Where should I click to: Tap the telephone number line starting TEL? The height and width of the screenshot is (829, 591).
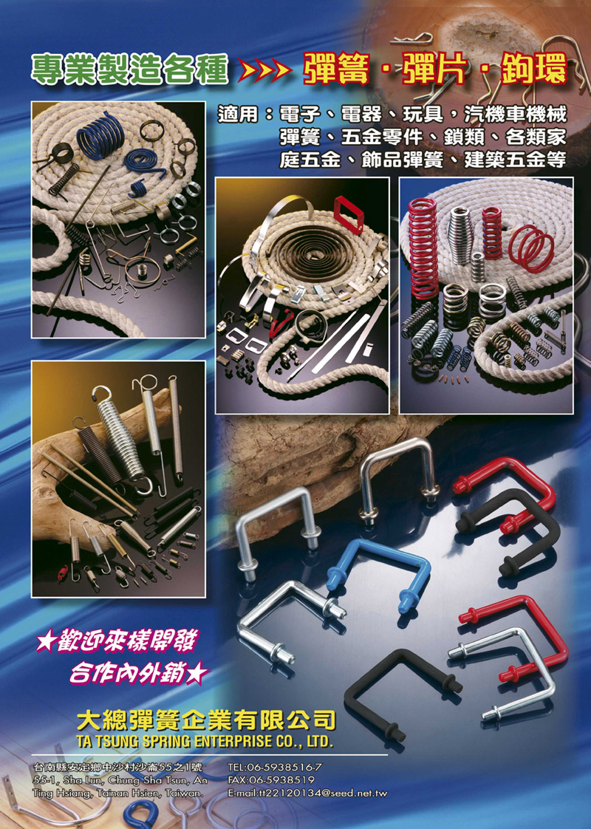click(274, 767)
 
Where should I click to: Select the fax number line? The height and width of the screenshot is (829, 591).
click(270, 779)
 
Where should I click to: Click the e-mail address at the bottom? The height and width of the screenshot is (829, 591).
click(307, 793)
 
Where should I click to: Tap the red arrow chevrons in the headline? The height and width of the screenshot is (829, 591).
click(264, 70)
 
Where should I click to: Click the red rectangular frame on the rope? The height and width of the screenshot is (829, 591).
click(348, 214)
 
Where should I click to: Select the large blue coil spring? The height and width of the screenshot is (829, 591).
click(100, 137)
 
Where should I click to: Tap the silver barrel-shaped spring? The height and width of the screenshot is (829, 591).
click(460, 234)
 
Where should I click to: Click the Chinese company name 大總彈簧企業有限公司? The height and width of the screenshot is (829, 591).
click(206, 720)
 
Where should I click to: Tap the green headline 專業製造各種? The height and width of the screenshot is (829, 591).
click(129, 69)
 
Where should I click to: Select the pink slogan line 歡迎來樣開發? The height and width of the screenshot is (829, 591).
click(117, 641)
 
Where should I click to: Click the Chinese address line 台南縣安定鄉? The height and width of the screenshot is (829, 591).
click(118, 767)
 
